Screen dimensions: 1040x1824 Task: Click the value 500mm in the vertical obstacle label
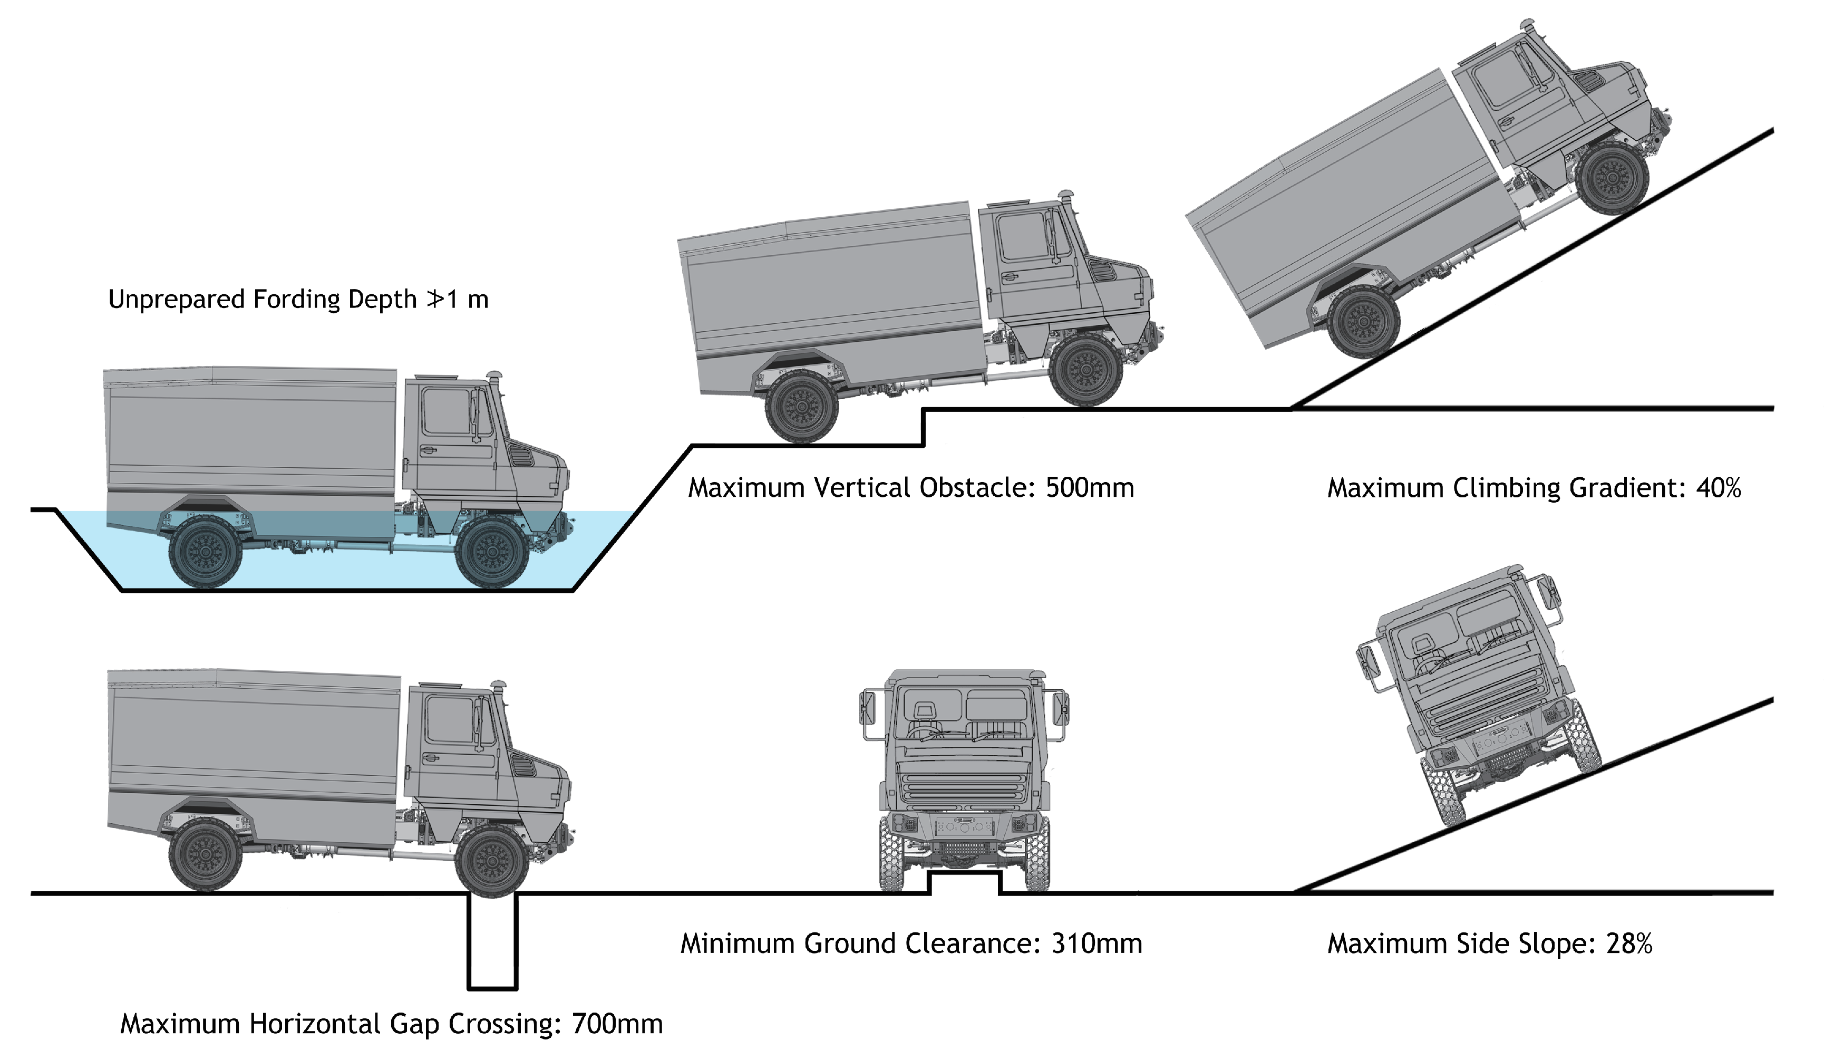(1090, 488)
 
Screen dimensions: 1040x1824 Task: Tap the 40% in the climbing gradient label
(1718, 488)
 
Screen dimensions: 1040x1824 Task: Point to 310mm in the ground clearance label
(1097, 943)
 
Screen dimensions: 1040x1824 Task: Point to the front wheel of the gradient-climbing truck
(1611, 178)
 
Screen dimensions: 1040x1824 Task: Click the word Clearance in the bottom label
(972, 943)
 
